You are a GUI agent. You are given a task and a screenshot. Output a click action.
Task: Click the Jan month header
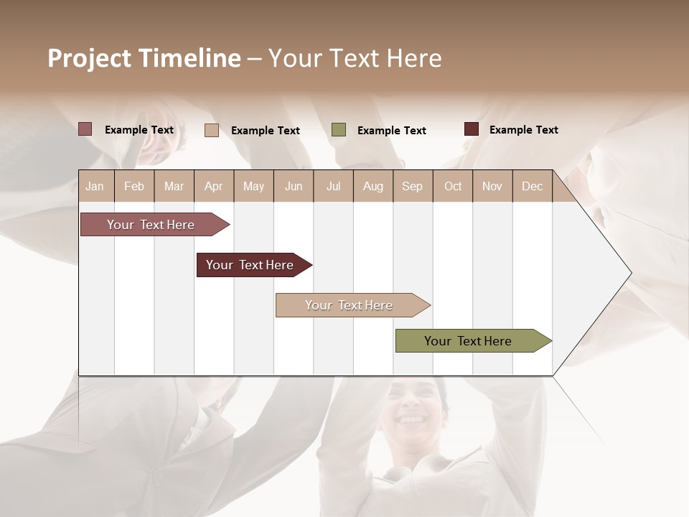(95, 186)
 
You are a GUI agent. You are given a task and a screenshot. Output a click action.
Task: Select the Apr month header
(213, 186)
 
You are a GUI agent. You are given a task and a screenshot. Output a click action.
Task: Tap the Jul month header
(333, 186)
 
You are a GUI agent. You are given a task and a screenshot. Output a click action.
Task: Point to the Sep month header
(412, 186)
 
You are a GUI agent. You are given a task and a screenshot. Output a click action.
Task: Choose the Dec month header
(532, 186)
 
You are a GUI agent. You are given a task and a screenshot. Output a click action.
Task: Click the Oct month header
(453, 186)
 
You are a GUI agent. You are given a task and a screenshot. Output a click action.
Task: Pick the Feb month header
(134, 186)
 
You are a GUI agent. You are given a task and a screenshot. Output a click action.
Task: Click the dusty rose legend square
(85, 129)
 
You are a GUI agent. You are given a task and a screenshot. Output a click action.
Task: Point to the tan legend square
(211, 130)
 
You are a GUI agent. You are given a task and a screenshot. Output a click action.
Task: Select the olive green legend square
(339, 129)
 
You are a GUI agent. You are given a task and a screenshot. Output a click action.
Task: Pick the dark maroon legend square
(472, 129)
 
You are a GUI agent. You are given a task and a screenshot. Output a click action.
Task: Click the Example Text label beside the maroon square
(523, 130)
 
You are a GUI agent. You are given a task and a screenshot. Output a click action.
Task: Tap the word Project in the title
(88, 58)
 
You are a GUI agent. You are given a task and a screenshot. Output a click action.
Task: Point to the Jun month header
(294, 186)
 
